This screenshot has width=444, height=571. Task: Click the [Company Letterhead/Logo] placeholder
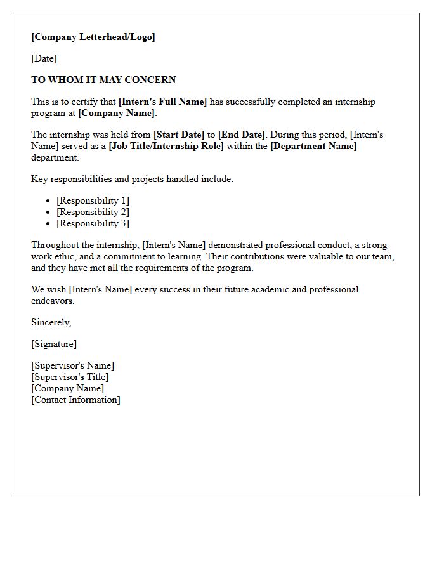pos(93,37)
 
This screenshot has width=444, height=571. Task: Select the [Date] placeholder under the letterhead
pos(44,58)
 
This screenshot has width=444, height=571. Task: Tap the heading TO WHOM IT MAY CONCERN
pos(103,80)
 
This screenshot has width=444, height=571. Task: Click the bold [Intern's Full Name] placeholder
pos(162,102)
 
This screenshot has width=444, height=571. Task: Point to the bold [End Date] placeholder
pos(241,135)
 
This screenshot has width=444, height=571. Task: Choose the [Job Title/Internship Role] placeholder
pos(166,146)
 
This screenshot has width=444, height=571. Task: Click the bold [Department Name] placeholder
pos(313,146)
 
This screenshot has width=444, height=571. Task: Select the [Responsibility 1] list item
pos(93,200)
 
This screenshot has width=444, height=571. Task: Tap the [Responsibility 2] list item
pos(93,212)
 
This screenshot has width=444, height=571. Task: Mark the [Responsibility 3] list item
pos(93,223)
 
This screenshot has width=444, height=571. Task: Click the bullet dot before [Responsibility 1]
pos(48,201)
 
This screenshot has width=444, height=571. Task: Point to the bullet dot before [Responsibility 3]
pos(48,224)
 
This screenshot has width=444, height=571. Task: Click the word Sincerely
pos(51,322)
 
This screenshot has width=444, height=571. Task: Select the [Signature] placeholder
pos(54,344)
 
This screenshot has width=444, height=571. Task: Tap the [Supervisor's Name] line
pos(73,365)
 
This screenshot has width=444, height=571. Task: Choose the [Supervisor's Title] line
pos(70,377)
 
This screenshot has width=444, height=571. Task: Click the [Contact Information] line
pos(75,400)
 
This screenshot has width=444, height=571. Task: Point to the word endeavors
pos(53,301)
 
